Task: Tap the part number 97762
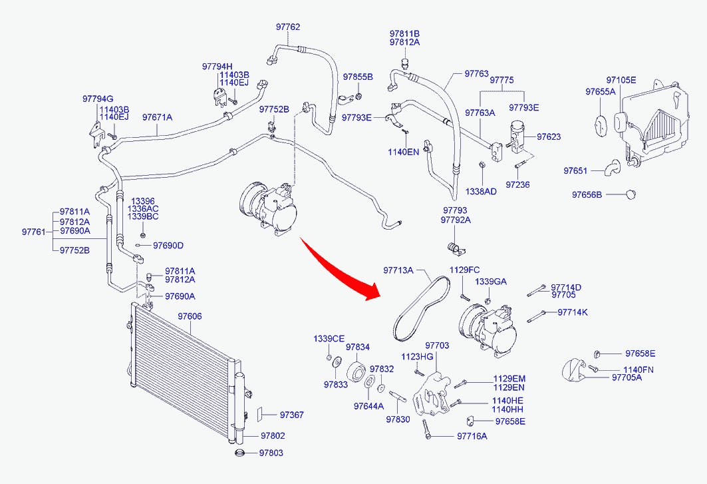click(x=288, y=27)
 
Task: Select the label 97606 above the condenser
click(x=190, y=316)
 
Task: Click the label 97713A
click(x=398, y=270)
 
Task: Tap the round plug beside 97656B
click(x=631, y=194)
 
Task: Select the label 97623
click(x=549, y=136)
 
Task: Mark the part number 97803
click(x=271, y=453)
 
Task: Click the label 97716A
click(x=472, y=436)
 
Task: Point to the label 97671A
click(x=157, y=117)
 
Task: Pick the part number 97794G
click(x=98, y=99)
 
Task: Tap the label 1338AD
click(x=481, y=191)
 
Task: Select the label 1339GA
click(x=490, y=282)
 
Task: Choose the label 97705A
click(x=627, y=377)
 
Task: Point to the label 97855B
click(x=358, y=77)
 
